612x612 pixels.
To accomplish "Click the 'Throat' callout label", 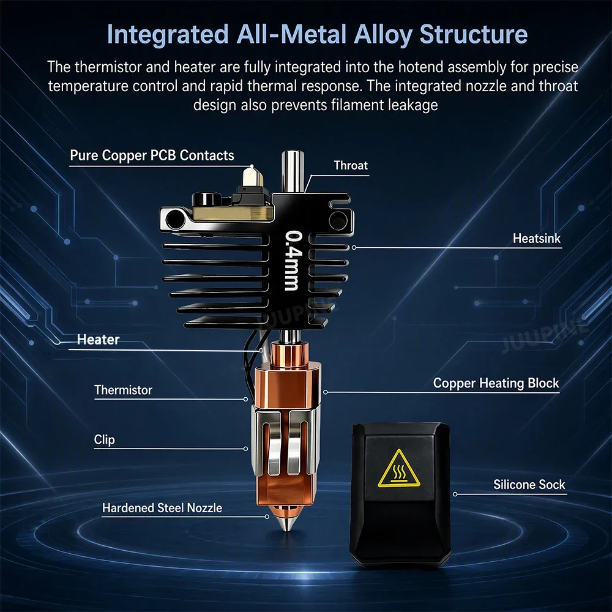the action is tap(351, 165).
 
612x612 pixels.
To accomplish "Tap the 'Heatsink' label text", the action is tap(536, 239).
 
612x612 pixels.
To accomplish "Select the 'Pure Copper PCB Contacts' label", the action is tap(152, 155).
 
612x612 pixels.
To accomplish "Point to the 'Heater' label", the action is tap(98, 339).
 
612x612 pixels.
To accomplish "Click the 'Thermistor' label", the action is tap(124, 390).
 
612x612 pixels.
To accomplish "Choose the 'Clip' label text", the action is tap(104, 440).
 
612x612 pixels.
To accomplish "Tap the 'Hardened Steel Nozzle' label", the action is tap(162, 508).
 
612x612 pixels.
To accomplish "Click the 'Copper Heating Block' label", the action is tap(496, 383).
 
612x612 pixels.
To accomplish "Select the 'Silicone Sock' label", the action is tap(529, 484).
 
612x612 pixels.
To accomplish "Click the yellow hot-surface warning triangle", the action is tap(399, 469).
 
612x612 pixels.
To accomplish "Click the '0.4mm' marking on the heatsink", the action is tap(293, 261).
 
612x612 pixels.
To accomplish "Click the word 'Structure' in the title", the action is tap(474, 34).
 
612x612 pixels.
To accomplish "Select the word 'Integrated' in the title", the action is tap(168, 35).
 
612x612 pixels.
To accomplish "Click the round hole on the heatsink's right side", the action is tap(338, 220).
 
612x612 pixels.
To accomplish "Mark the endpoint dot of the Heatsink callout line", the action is tap(354, 247).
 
